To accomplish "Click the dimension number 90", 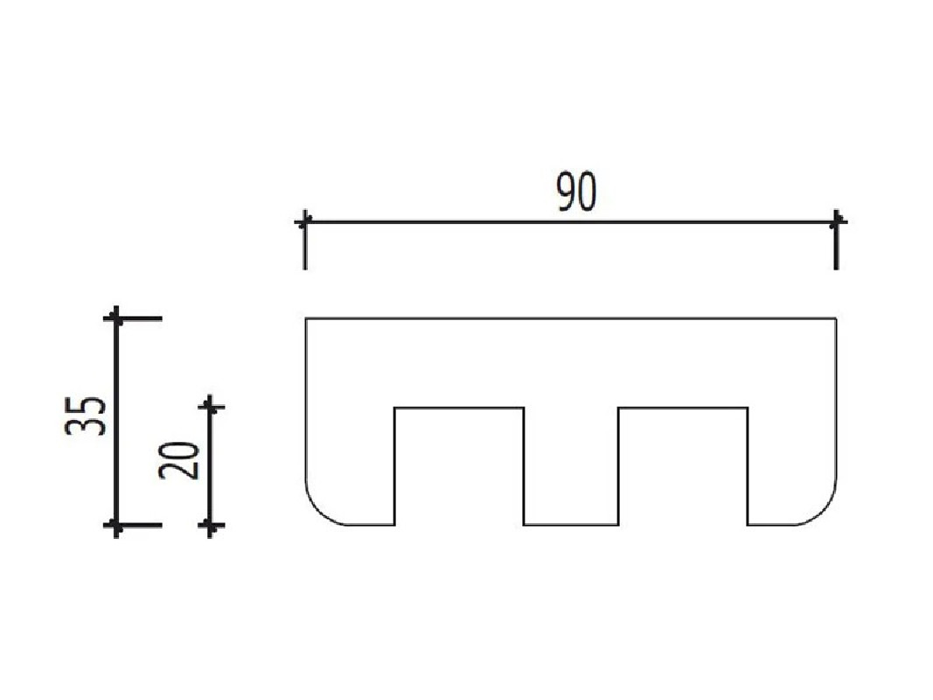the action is coord(575,192).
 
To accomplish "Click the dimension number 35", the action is coord(86,415).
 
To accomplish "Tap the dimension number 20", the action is coord(178,460).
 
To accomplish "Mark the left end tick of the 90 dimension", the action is coord(304,222).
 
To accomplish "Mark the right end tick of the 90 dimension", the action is coord(837,222).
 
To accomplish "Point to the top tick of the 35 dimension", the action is coord(116,318).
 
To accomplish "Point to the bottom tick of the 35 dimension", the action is coord(116,526).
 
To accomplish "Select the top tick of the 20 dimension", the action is coord(210,407).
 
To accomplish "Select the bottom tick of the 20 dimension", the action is coord(210,526).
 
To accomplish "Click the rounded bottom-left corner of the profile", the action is coord(317,513).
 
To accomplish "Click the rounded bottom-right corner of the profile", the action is coord(825,513).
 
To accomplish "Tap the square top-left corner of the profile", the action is coord(306,319).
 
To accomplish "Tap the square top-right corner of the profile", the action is coord(837,319).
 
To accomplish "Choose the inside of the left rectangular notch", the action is coord(459,466).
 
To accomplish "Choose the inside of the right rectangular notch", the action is coord(683,466).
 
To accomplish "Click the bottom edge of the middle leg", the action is coord(571,525).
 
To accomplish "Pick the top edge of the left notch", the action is coord(459,408).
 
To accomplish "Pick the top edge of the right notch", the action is coord(683,408).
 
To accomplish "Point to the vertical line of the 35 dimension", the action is coord(116,422).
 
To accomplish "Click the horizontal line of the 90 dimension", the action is coord(571,222).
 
